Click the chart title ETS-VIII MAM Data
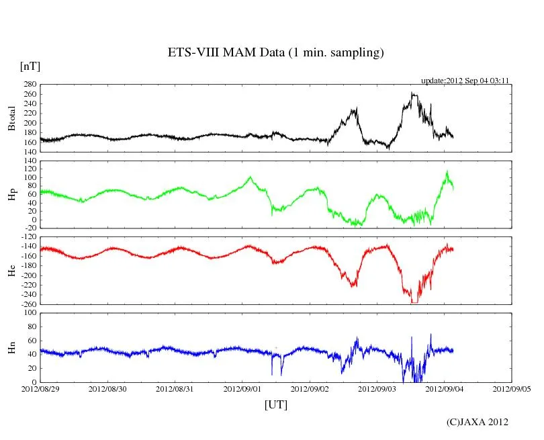275,53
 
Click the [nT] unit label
30,66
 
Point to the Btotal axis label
11,118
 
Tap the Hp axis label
11,195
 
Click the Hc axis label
11,270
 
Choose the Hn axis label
11,347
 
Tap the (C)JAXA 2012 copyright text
478,422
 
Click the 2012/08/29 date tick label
40,389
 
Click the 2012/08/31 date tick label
175,389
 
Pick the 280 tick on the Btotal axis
30,85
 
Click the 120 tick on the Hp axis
30,161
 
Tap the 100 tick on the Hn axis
30,312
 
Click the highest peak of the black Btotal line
413,93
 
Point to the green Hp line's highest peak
447,172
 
